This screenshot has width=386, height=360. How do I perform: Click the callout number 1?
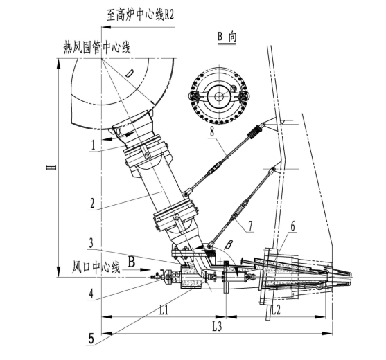pyautogui.click(x=94, y=145)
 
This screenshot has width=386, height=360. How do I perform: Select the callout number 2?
pyautogui.click(x=92, y=203)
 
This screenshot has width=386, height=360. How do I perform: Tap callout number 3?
pyautogui.click(x=91, y=243)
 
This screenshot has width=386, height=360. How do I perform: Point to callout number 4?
pyautogui.click(x=91, y=294)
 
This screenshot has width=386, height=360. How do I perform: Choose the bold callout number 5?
pyautogui.click(x=91, y=339)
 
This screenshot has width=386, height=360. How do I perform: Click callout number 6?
pyautogui.click(x=292, y=226)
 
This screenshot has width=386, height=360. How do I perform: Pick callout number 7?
pyautogui.click(x=251, y=226)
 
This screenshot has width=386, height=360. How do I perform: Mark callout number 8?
pyautogui.click(x=212, y=132)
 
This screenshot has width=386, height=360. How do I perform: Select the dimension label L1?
pyautogui.click(x=164, y=310)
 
